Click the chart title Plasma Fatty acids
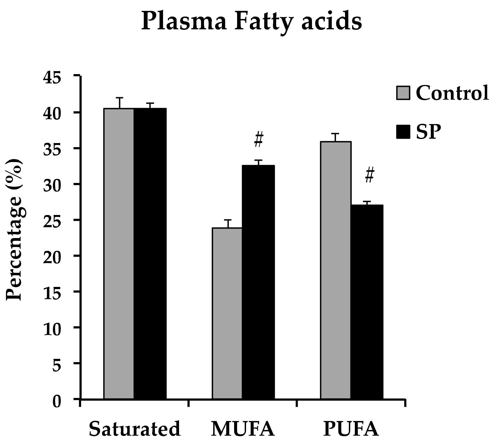[251, 22]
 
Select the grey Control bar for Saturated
[119, 254]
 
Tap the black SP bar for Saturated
[150, 254]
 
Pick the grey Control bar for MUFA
[227, 314]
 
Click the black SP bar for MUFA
[258, 282]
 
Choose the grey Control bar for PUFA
[336, 270]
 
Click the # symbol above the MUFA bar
[259, 140]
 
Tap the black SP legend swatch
[403, 132]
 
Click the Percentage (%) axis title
[14, 229]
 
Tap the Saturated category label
[135, 429]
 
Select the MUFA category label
[243, 429]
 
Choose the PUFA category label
[351, 429]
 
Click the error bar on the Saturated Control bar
[120, 103]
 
